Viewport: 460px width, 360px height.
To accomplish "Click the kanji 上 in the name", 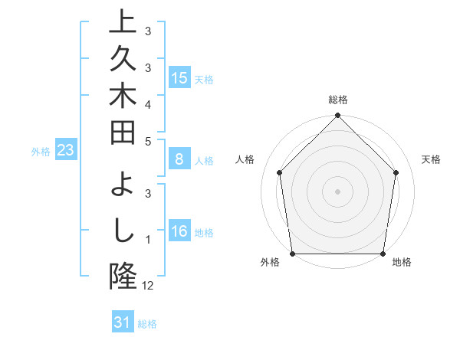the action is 123,22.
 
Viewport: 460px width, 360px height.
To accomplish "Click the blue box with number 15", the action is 180,78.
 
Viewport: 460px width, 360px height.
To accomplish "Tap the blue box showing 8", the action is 179,160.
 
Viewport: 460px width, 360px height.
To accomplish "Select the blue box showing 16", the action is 180,232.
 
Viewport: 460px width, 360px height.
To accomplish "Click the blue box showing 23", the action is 65,151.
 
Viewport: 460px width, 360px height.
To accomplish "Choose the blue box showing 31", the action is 123,322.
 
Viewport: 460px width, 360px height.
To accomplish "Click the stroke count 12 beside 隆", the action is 148,286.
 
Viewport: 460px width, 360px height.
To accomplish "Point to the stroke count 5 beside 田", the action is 148,140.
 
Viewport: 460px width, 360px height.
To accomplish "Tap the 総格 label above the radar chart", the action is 338,100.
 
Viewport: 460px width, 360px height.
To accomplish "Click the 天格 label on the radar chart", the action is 432,159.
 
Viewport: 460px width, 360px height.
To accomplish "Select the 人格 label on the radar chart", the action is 245,159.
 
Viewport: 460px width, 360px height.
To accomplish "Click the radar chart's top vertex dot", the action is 338,116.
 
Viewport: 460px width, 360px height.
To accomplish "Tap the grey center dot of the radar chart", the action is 338,191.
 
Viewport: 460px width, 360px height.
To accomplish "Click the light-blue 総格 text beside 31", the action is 147,324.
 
